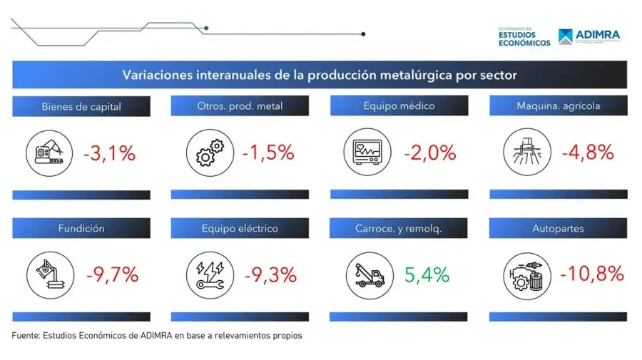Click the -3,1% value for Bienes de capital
coord(109,153)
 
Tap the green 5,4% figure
coord(427,274)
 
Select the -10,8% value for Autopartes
coord(592,273)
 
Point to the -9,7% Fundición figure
coord(111,274)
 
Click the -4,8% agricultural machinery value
coord(588,153)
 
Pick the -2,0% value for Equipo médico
coord(429,153)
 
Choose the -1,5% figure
coord(268,153)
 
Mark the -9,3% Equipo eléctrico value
coord(271,274)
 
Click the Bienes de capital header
coord(81,107)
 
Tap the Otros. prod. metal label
coord(240,106)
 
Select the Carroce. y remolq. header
coord(399,229)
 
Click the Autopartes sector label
coord(558,229)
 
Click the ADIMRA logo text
coord(598,34)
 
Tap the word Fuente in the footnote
coord(25,335)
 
